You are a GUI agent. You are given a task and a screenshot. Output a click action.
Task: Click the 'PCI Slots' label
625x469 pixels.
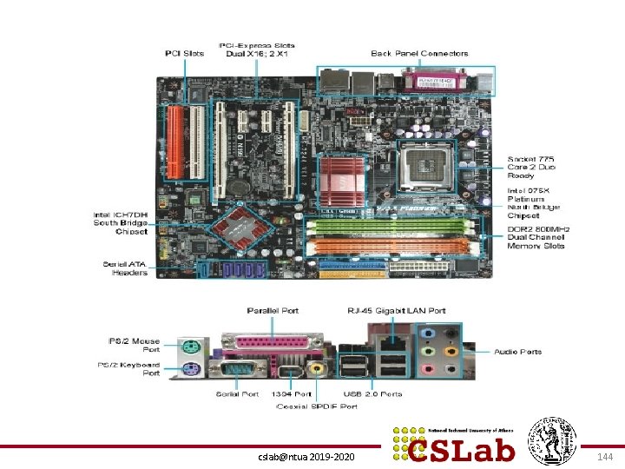click(x=185, y=54)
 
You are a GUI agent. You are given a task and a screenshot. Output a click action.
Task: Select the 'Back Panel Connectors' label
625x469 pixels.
click(x=419, y=54)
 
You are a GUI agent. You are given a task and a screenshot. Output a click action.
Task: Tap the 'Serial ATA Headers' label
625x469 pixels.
click(x=125, y=268)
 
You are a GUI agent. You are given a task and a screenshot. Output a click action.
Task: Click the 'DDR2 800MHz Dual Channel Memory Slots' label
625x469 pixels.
click(x=536, y=236)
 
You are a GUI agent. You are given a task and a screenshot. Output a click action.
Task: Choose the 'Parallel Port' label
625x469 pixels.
click(x=273, y=310)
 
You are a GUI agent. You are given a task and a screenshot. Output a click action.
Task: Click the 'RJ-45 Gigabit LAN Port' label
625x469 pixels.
click(x=396, y=310)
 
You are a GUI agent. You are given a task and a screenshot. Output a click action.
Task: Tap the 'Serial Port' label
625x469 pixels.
click(x=237, y=394)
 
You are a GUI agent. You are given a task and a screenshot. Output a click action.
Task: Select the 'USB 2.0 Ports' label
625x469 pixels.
click(x=373, y=394)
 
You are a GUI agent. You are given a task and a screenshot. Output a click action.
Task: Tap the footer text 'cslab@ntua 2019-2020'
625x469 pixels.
click(x=306, y=455)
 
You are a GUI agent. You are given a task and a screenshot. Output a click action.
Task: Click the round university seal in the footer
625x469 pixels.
click(x=554, y=438)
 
